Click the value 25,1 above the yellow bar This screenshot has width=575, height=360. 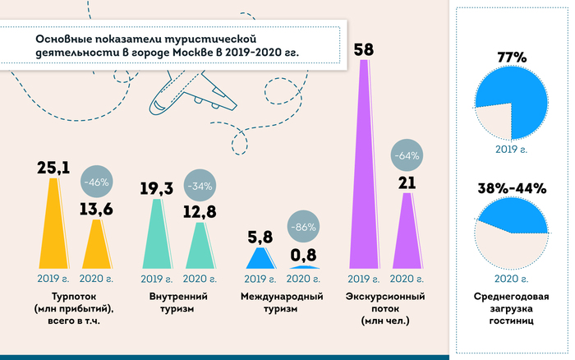point(53,168)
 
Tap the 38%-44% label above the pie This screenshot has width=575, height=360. point(512,188)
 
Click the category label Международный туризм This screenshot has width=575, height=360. point(281,302)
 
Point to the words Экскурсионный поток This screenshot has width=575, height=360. point(384,302)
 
